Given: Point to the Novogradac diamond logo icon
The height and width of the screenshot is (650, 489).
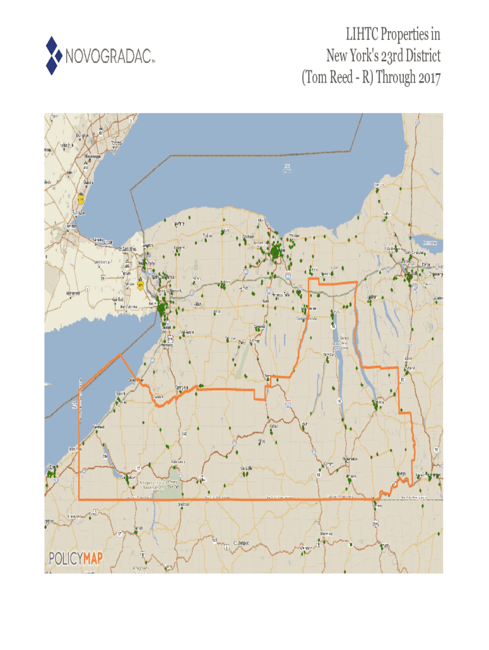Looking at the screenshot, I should click(53, 55).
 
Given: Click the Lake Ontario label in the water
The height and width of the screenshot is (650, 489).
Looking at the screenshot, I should click(289, 168).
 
